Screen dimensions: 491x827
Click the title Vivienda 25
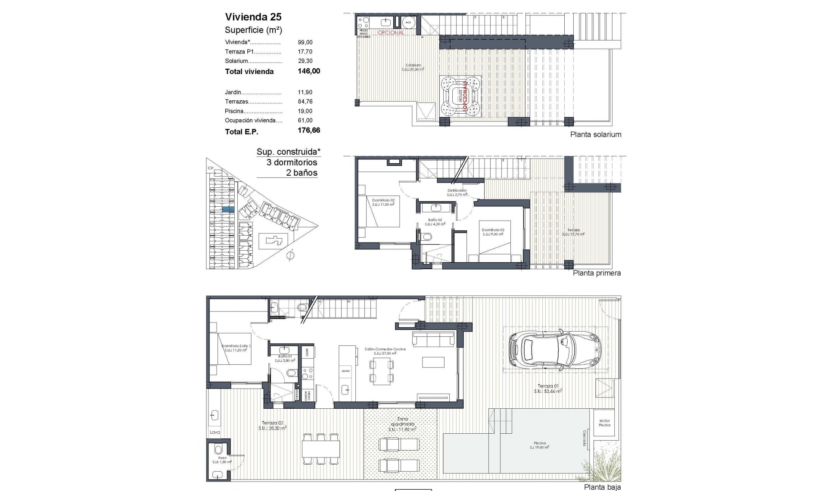[253, 17]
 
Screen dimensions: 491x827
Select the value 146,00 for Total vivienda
[309, 71]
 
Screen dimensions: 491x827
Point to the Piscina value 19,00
[305, 111]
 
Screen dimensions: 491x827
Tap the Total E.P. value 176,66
[309, 131]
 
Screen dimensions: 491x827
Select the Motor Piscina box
[604, 423]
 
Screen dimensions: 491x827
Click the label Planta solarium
[595, 134]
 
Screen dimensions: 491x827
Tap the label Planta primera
[597, 273]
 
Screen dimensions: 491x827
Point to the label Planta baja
[602, 487]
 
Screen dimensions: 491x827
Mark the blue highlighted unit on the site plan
[228, 209]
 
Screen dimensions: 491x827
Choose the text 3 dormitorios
[292, 162]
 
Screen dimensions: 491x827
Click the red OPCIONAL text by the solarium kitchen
[391, 32]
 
